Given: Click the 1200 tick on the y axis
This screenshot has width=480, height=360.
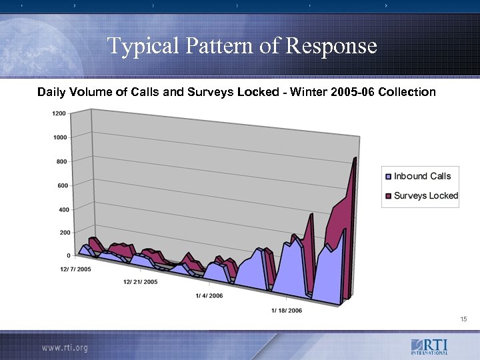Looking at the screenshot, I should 58,113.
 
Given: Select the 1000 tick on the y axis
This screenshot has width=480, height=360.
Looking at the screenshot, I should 59,137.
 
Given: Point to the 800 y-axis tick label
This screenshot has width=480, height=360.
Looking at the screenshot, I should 61,162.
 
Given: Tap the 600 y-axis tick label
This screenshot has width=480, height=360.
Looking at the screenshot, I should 61,185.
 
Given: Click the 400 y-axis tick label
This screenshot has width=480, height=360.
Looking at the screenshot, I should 61,210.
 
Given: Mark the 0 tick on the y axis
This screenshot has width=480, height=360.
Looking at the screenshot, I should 68,255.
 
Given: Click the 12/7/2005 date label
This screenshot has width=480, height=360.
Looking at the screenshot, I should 75,269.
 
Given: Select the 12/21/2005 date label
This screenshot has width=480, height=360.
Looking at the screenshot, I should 140,282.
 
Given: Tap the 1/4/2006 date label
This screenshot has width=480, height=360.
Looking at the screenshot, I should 209,295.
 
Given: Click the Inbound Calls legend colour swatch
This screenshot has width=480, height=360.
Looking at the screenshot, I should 388,177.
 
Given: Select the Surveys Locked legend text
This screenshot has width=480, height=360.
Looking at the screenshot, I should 426,195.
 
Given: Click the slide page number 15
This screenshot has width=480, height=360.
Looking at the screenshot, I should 463,320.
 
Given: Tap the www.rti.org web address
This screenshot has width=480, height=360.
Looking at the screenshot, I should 65,347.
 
